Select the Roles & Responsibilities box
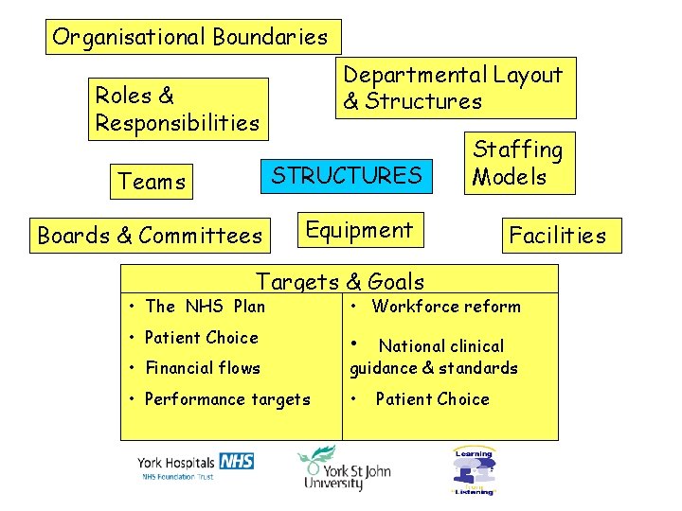pos(178,109)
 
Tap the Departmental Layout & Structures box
pos(456,88)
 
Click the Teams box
pos(152,181)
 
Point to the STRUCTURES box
pos(348,175)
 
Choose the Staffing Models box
pos(519,163)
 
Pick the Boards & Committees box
pos(150,236)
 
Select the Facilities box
pos(557,236)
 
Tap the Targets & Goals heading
pos(340,280)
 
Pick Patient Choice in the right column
pos(432,399)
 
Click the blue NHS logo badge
pos(236,461)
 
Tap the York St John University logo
pos(344,468)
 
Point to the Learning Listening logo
pos(474,470)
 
